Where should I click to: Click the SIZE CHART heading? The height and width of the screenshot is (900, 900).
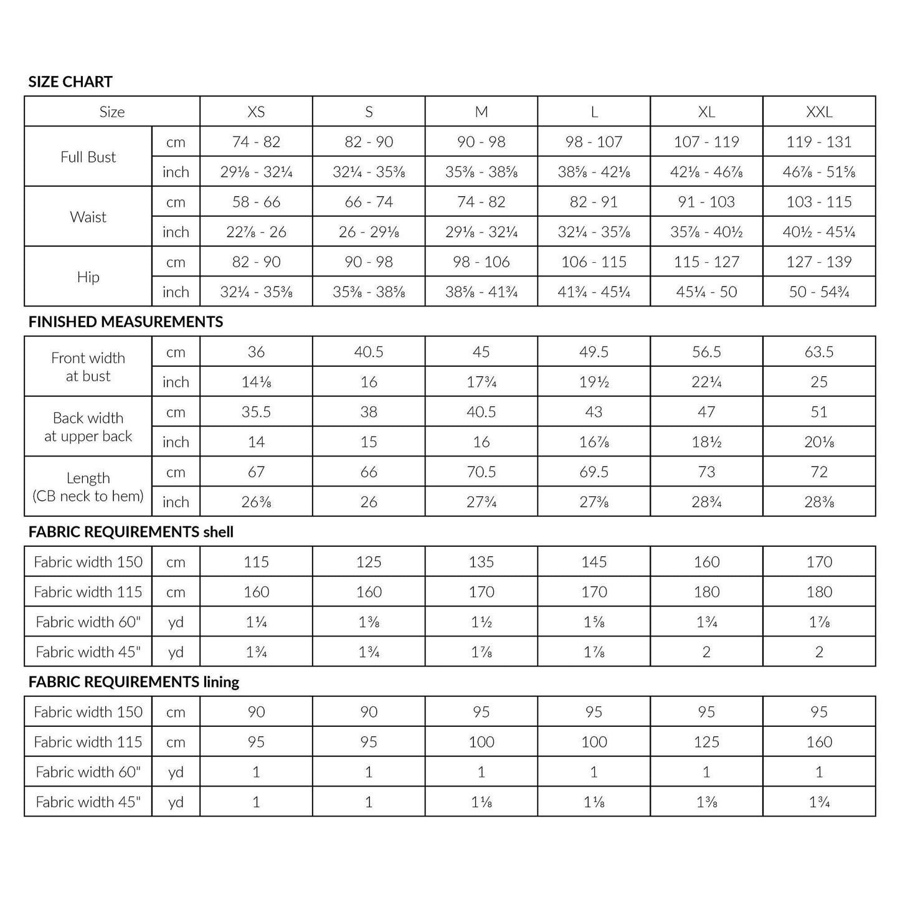(x=70, y=82)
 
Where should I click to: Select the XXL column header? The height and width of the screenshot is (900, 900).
(x=819, y=112)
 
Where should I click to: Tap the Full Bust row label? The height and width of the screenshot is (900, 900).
(x=88, y=157)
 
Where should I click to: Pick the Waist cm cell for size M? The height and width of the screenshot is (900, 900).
(x=481, y=202)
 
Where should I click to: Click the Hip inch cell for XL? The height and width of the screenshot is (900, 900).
(x=706, y=291)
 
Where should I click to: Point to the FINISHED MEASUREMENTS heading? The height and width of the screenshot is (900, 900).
(x=126, y=321)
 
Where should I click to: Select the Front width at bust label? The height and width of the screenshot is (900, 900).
(x=88, y=367)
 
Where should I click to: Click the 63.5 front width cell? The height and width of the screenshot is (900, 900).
(x=819, y=352)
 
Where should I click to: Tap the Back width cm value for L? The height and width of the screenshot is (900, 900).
(x=594, y=412)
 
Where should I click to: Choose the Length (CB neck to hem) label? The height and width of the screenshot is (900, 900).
(x=88, y=486)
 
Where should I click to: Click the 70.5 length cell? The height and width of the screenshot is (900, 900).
(x=481, y=471)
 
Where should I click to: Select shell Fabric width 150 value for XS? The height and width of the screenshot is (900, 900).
(x=256, y=562)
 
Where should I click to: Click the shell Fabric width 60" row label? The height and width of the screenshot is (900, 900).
(x=88, y=622)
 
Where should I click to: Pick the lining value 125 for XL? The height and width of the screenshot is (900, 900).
(x=706, y=742)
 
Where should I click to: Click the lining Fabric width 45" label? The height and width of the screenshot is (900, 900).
(x=88, y=802)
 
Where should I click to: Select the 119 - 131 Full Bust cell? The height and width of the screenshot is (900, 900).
(x=819, y=142)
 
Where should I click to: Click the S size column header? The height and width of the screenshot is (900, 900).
(x=369, y=112)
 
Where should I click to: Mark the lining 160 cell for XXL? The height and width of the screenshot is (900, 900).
(x=819, y=742)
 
